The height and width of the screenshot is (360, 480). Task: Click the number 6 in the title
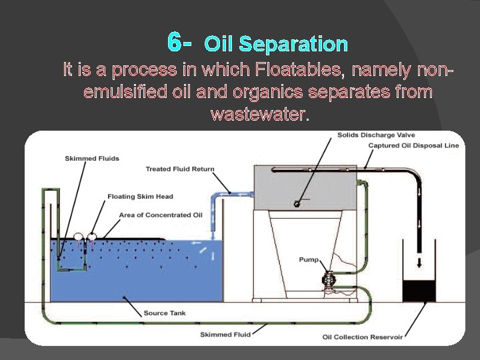pyautogui.click(x=175, y=43)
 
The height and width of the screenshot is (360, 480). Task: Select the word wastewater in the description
pyautogui.click(x=259, y=114)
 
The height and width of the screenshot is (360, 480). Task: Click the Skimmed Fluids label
pyautogui.click(x=92, y=158)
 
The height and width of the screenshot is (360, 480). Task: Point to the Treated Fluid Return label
pyautogui.click(x=179, y=169)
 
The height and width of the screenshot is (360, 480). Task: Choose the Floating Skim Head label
pyautogui.click(x=140, y=197)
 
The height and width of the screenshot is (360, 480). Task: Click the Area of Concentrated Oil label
pyautogui.click(x=160, y=215)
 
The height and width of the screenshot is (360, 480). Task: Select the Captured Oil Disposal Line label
pyautogui.click(x=413, y=145)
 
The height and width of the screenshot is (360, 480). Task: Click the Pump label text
pyautogui.click(x=308, y=260)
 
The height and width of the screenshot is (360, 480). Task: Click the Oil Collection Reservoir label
pyautogui.click(x=362, y=337)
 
